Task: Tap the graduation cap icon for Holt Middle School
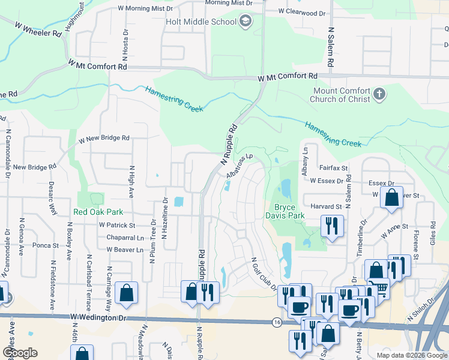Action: pos(244,22)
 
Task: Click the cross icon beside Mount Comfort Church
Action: pos(378,94)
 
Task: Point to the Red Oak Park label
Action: pos(98,212)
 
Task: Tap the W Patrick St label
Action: pos(117,225)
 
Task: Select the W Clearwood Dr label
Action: pos(303,12)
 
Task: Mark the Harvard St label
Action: pos(326,206)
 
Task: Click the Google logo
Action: pos(20,353)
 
